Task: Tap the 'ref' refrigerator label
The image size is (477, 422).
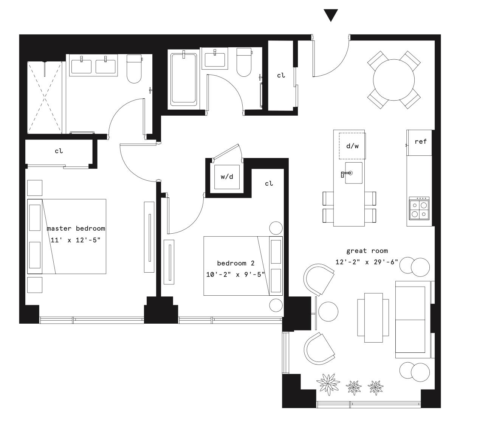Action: coord(420,141)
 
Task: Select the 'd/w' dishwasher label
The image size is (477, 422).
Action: coord(352,146)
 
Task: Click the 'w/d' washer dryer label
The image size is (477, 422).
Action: coord(227,177)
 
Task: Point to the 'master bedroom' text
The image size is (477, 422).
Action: coord(76,228)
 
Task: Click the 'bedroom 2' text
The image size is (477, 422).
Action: coord(235,263)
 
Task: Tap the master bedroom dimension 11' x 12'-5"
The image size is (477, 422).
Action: coord(76,240)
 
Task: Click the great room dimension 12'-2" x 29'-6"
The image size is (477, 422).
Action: coord(367,262)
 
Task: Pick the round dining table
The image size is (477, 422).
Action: coord(394,80)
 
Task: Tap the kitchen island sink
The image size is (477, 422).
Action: coord(353,173)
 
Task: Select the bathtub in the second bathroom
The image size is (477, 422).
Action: coord(184,79)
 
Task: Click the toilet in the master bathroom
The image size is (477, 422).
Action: coord(134,69)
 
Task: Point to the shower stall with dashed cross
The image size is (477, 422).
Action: coord(45,97)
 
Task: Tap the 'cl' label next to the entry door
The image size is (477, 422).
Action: coord(281,75)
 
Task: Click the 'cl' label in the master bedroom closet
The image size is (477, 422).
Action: coord(59,151)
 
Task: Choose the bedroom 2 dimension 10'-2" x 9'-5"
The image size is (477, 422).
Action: coord(235,275)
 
